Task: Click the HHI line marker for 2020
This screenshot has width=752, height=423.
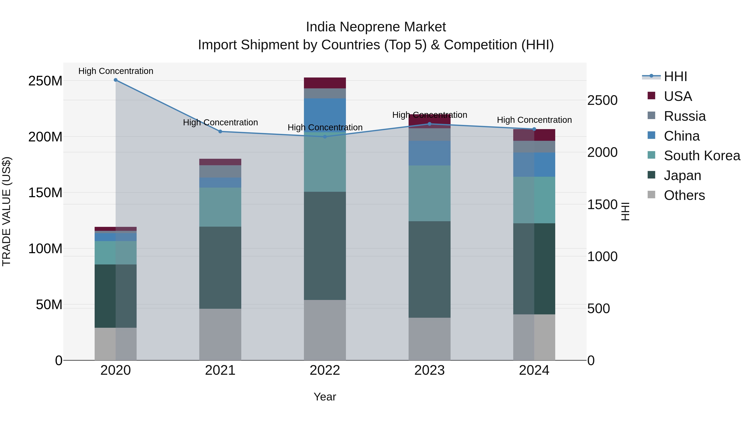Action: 116,80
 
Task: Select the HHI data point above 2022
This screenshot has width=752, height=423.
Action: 325,137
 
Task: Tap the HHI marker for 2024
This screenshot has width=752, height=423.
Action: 534,129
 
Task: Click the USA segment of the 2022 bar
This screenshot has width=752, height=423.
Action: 325,83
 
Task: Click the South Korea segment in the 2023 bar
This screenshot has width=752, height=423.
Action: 429,193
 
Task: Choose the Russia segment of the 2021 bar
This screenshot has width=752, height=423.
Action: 220,171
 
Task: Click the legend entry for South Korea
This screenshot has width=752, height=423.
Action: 702,156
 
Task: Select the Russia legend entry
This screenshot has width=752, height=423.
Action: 685,116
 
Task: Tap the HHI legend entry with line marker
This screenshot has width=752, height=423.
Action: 675,76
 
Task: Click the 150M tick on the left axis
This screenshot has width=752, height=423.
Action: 45,193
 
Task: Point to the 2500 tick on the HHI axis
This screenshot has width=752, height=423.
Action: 602,100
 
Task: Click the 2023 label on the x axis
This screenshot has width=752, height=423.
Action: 429,370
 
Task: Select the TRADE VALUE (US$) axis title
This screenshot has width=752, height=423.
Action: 6,211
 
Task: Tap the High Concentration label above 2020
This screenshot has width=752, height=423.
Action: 116,71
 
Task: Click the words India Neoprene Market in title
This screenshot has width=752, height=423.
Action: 376,27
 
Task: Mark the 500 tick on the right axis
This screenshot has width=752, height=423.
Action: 598,309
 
